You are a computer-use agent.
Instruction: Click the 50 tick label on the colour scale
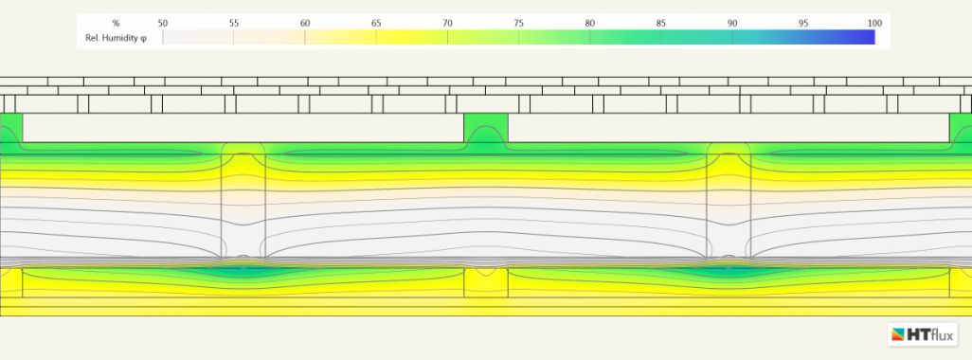[x=163, y=22]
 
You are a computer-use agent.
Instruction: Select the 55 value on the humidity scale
[x=234, y=22]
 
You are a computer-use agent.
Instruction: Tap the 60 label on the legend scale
[x=305, y=22]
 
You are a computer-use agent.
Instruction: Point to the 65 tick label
[x=376, y=22]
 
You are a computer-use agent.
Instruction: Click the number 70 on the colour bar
[x=447, y=22]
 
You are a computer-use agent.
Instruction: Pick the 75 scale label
[x=518, y=22]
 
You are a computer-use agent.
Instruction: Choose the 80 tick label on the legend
[x=589, y=22]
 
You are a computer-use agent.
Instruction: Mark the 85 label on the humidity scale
[x=661, y=22]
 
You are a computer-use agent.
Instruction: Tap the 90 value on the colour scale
[x=732, y=22]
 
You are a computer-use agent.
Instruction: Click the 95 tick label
[x=803, y=22]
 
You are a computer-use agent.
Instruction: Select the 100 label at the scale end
[x=874, y=22]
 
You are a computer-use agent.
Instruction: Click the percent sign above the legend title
[x=116, y=22]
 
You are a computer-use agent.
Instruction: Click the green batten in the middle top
[x=486, y=128]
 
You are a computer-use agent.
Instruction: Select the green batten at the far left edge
[x=11, y=128]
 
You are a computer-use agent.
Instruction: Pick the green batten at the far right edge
[x=961, y=128]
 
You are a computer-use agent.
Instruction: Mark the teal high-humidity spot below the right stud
[x=729, y=271]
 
